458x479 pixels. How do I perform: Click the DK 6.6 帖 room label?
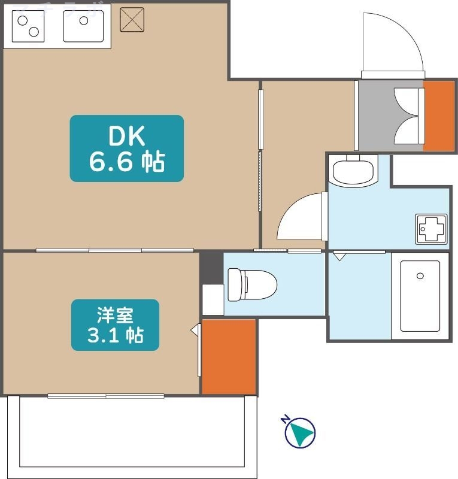click(x=126, y=148)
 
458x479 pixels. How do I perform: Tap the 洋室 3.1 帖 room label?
click(x=116, y=325)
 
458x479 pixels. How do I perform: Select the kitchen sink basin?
click(x=84, y=27)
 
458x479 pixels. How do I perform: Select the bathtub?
click(x=420, y=296)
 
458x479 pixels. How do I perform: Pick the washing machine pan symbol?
click(x=432, y=228)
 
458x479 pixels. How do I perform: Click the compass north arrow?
click(x=299, y=432)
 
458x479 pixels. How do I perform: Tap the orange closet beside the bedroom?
click(x=228, y=356)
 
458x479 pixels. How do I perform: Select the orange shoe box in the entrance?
click(x=439, y=115)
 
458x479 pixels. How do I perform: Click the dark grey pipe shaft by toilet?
click(x=211, y=266)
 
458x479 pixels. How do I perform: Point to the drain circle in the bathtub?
click(x=420, y=276)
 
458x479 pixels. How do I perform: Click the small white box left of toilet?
click(x=213, y=299)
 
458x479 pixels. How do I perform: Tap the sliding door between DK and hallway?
click(x=260, y=150)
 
